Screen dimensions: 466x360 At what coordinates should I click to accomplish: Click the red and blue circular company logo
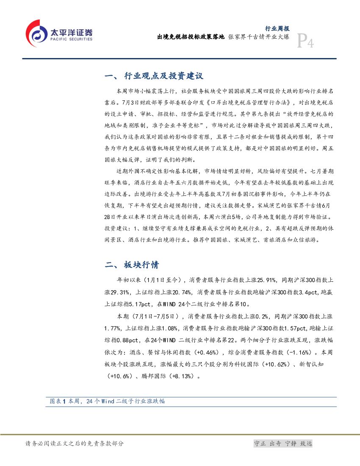click(x=36, y=33)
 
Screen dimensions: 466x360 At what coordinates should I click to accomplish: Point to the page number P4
click(x=305, y=41)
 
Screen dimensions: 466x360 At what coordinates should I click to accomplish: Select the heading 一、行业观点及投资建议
click(x=154, y=76)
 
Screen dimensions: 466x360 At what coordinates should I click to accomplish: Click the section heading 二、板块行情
click(x=132, y=265)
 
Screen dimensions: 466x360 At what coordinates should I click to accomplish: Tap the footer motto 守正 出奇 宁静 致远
click(x=282, y=444)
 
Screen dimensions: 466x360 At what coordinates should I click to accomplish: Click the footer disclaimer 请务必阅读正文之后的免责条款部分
click(x=75, y=444)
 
